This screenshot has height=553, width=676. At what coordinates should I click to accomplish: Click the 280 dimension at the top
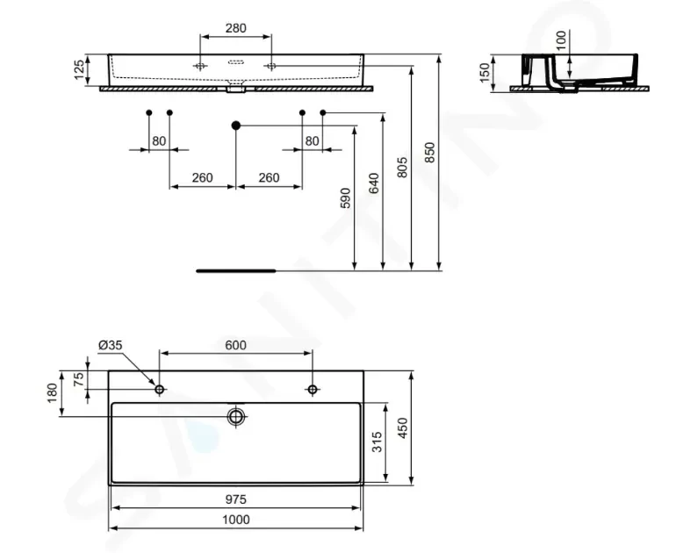[236, 28]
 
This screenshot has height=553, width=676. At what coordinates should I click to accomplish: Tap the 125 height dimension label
[79, 70]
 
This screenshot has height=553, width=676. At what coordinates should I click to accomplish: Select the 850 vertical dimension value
[430, 153]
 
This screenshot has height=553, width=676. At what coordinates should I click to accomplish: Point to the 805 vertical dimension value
[401, 168]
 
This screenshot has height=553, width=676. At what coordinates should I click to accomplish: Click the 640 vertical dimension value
[373, 183]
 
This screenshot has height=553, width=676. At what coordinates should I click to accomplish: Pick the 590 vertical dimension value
[345, 197]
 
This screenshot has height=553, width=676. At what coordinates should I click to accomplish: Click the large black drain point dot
[236, 126]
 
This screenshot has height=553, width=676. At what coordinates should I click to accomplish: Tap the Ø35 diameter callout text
[111, 345]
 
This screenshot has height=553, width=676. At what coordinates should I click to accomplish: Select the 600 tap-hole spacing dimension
[236, 345]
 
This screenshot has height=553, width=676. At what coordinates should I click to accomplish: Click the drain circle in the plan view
[236, 416]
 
